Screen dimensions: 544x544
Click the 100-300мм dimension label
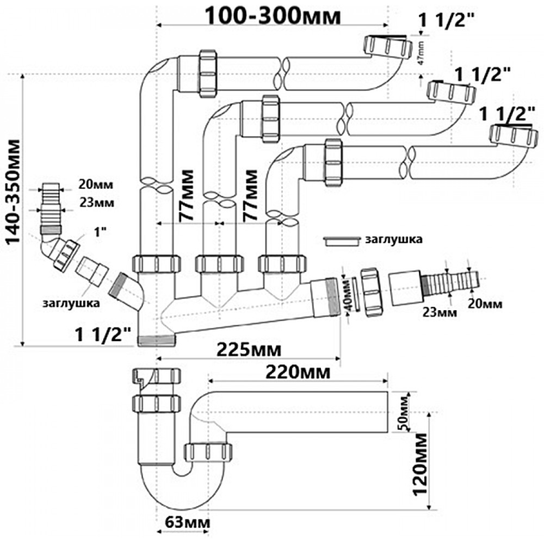[x=274, y=17]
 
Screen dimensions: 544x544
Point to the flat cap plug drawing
[x=341, y=240]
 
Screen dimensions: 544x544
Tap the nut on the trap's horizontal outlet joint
[x=209, y=453]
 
